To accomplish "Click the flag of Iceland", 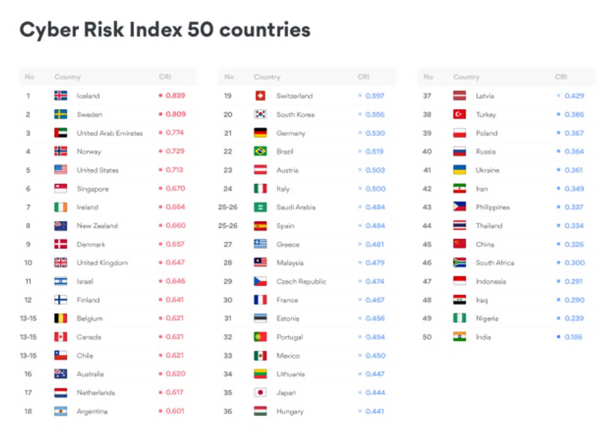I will point(60,96).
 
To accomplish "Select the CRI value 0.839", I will point(175,95).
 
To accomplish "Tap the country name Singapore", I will point(92,189).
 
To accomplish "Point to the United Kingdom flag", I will point(60,263).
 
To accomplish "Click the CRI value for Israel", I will point(175,281).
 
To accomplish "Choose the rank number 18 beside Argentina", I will point(28,411).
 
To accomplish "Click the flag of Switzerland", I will point(260,96).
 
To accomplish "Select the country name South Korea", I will point(295,114).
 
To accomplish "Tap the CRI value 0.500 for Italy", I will point(375,189).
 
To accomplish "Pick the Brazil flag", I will point(260,151).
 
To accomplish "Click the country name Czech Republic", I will point(301,281).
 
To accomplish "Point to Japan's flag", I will point(260,392).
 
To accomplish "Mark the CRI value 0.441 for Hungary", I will point(374,411).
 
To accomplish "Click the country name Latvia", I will point(485,96).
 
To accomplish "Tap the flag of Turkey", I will point(459,114).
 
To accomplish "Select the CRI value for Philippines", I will point(574,207).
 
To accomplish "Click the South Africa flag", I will point(459,263).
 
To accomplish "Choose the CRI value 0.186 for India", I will point(573,337).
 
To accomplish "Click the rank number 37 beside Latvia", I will point(427,96).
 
